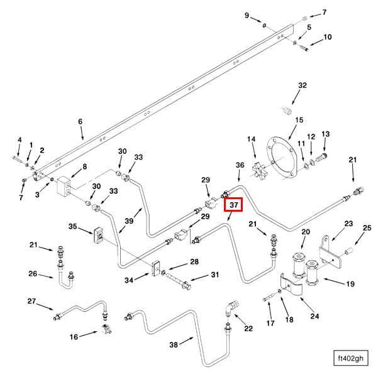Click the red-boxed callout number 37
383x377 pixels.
(x=233, y=204)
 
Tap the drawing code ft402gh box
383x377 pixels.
(x=351, y=358)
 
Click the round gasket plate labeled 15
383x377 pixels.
(x=282, y=158)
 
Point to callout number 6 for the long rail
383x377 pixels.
(x=80, y=121)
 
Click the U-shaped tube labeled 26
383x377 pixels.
(x=65, y=280)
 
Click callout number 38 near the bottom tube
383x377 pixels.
(x=174, y=345)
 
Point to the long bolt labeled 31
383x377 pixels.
(x=179, y=280)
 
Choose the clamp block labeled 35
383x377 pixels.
(x=99, y=234)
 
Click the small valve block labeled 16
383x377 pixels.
(x=105, y=329)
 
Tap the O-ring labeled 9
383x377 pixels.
(x=264, y=25)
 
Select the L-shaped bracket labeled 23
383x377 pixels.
(x=330, y=251)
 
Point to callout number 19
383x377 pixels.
(x=350, y=284)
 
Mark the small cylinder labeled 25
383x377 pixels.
(x=348, y=251)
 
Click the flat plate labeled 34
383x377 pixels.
(x=155, y=268)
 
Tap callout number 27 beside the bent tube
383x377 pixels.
(x=31, y=301)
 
